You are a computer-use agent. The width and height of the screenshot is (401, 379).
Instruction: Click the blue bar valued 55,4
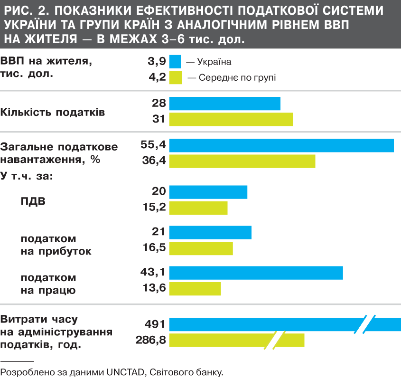pyautogui.click(x=281, y=145)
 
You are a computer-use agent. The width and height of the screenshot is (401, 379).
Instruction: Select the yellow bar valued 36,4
pyautogui.click(x=242, y=161)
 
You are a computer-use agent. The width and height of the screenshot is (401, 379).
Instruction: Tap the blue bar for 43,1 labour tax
pyautogui.click(x=256, y=273)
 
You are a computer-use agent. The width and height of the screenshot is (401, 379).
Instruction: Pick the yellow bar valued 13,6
pyautogui.click(x=195, y=288)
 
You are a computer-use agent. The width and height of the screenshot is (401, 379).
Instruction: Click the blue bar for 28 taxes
pyautogui.click(x=225, y=104)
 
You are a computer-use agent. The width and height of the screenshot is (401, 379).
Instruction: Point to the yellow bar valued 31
pyautogui.click(x=231, y=119)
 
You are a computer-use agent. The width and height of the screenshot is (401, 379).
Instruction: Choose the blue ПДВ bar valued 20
pyautogui.click(x=208, y=192)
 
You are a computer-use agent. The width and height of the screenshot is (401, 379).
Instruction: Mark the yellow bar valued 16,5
pyautogui.click(x=201, y=248)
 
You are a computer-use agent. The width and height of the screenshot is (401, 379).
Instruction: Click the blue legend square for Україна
pyautogui.click(x=176, y=62)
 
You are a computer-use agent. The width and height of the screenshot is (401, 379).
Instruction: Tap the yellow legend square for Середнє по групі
pyautogui.click(x=176, y=77)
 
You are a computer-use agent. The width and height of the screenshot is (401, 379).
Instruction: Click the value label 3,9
pyautogui.click(x=157, y=61)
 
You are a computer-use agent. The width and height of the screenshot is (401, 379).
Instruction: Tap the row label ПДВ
pyautogui.click(x=33, y=200)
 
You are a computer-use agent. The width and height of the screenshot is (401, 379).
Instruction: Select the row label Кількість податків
pyautogui.click(x=53, y=113)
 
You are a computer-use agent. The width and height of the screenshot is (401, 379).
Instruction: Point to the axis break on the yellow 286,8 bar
pyautogui.click(x=278, y=340)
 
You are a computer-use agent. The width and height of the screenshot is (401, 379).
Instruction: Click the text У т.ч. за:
pyautogui.click(x=27, y=176)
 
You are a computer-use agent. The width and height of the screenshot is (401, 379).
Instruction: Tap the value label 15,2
pyautogui.click(x=154, y=208)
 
